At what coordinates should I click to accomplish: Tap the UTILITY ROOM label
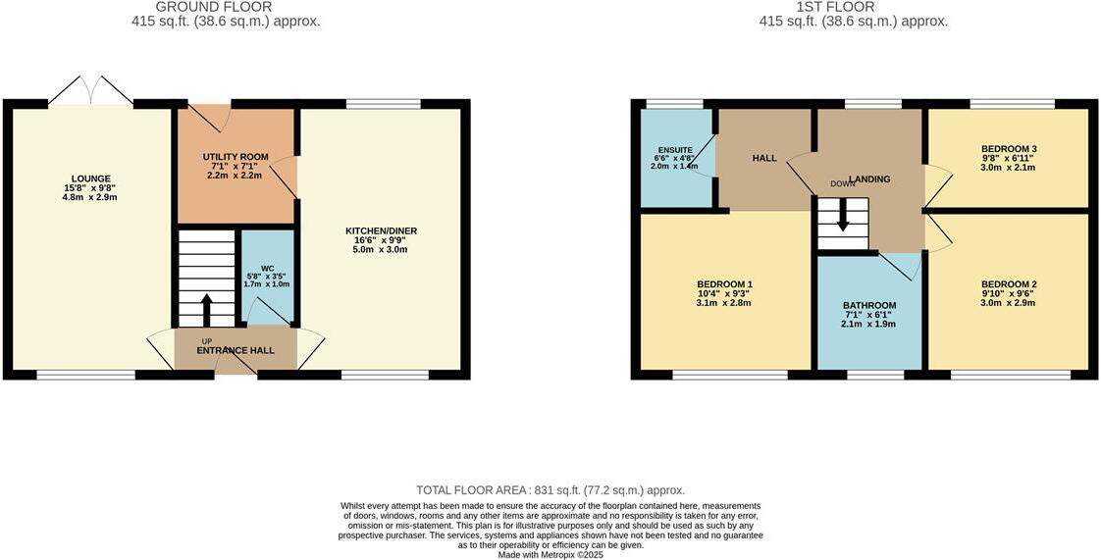[x=236, y=157]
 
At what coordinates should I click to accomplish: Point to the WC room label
[x=267, y=270]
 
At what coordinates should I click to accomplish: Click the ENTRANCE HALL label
[x=236, y=350]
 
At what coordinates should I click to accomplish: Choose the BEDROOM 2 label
[x=1009, y=284]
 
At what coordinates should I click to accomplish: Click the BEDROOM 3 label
[x=1009, y=149]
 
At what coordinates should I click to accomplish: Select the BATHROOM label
[x=869, y=305]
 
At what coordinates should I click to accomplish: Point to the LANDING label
[x=869, y=179]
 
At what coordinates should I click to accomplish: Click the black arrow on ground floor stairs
[x=206, y=309]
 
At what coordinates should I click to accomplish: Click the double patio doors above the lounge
[x=90, y=90]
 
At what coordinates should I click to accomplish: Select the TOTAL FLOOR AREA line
[x=550, y=490]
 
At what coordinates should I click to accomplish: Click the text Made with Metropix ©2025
[x=550, y=554]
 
